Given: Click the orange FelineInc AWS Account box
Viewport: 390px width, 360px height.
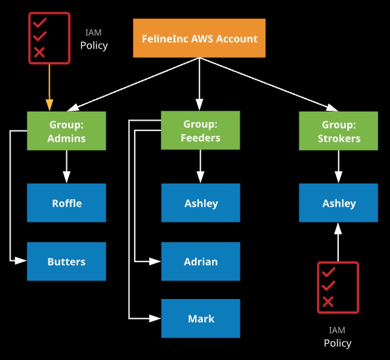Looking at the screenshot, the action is (x=199, y=38).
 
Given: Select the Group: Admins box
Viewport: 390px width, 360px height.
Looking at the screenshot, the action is (x=66, y=130).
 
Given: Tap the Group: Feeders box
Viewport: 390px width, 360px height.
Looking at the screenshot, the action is (x=200, y=130).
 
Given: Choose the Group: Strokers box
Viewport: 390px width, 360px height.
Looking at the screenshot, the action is (x=339, y=130).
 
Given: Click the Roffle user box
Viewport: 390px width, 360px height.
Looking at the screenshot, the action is (x=66, y=203).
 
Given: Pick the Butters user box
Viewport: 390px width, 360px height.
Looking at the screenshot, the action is (x=66, y=262).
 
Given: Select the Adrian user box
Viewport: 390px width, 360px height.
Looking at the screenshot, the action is (x=201, y=262).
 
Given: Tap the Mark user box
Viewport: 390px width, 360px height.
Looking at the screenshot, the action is (x=201, y=318).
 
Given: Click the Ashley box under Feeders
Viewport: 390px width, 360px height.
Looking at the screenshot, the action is (x=201, y=203).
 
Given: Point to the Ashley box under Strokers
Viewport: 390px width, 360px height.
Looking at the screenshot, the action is (x=339, y=203).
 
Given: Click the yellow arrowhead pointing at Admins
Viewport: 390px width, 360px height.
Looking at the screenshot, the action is (x=49, y=105).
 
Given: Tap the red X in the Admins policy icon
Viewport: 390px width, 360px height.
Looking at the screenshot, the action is (x=39, y=52).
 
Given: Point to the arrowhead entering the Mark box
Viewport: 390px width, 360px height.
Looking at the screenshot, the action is (x=155, y=318).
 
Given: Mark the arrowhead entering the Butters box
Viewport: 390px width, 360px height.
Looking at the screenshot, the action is (x=21, y=261).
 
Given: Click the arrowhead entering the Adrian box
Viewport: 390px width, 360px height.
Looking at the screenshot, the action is (x=155, y=262).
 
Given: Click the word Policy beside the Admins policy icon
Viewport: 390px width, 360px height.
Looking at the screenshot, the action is (x=94, y=45).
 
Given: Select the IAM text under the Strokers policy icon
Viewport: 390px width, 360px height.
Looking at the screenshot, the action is (x=337, y=330).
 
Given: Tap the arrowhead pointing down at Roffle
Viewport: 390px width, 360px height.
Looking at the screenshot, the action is (x=66, y=177).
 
